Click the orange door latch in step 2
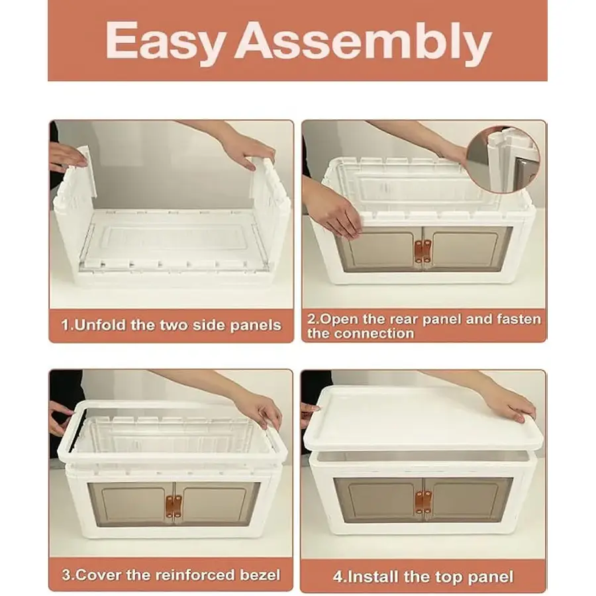coord(422,251)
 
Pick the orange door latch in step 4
coord(423,502)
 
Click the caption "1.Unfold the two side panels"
coord(172,325)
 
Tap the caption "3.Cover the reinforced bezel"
coord(171,575)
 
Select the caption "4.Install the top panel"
coord(423,577)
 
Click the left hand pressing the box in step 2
coord(334,215)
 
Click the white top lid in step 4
coord(424,420)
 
